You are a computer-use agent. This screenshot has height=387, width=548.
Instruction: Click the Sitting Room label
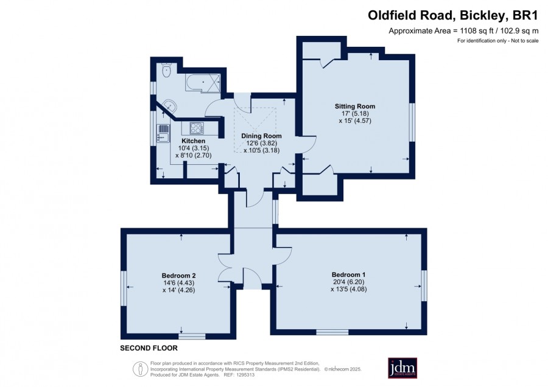tap(355, 106)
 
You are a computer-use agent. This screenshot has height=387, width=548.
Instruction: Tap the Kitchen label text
tap(193, 141)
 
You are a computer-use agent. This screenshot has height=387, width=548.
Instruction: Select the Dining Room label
tap(261, 136)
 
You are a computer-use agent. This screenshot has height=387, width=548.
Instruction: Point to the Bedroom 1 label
tap(348, 274)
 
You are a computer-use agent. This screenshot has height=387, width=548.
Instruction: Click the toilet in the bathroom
tap(166, 70)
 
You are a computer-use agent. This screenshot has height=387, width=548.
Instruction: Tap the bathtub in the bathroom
tap(203, 82)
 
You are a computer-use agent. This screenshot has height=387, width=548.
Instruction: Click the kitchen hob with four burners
tap(197, 128)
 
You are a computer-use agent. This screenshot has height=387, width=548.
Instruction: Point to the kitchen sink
tap(163, 133)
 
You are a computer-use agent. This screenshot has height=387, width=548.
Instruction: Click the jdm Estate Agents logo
tap(402, 368)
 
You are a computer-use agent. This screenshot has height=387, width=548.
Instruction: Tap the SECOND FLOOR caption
tap(149, 348)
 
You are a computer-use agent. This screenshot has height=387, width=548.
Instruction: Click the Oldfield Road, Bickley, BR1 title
tap(453, 15)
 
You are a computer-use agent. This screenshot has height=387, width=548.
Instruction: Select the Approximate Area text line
tap(463, 31)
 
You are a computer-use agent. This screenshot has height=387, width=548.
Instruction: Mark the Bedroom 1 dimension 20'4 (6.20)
tap(349, 282)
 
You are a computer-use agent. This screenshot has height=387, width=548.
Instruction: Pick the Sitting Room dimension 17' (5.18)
tap(355, 114)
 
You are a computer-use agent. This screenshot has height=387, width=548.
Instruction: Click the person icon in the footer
tap(141, 369)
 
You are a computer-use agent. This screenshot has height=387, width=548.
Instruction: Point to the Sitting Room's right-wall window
tap(412, 122)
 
